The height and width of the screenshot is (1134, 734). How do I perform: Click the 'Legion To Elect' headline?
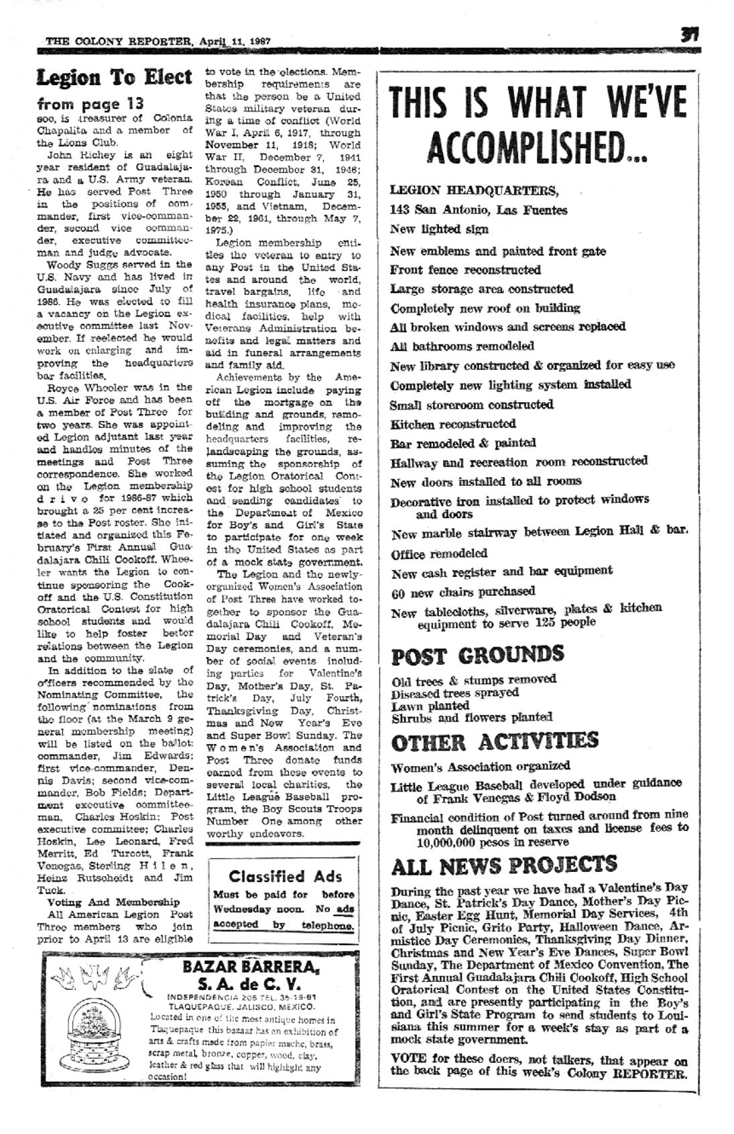coord(114,78)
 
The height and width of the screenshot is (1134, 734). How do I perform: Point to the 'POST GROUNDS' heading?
coord(477,655)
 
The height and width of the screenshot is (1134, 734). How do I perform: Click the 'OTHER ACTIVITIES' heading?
coord(495,742)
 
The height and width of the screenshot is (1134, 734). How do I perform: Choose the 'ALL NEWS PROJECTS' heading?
coord(503,865)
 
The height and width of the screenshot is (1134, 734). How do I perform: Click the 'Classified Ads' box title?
coord(285,876)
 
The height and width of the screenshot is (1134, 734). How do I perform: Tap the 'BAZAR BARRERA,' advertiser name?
coord(251,966)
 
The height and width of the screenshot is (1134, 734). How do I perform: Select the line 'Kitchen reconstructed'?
coord(453,424)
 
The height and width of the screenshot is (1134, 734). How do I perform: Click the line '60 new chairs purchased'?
coord(463,592)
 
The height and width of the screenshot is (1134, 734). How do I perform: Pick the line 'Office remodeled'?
coord(439,554)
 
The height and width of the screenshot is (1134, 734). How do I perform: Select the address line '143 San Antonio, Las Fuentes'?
coord(479,210)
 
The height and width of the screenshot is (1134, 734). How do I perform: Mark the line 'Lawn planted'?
coord(430,705)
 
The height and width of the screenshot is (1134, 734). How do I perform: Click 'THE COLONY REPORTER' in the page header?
coord(119,41)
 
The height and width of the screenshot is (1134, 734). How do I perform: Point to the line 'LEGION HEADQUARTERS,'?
coord(473,190)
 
